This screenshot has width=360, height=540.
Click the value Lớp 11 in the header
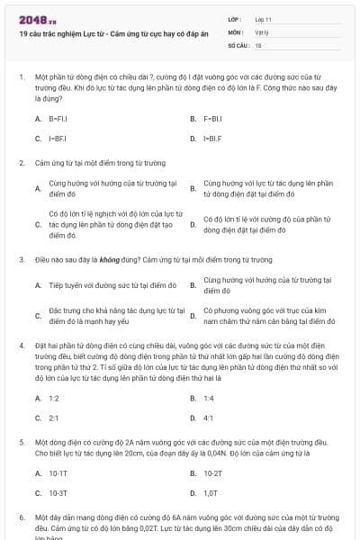(x=264, y=19)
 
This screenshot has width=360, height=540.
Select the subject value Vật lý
(x=262, y=31)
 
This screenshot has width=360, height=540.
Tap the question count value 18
(x=258, y=44)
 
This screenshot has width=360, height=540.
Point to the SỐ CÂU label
(x=238, y=44)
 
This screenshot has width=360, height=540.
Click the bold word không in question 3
(x=109, y=259)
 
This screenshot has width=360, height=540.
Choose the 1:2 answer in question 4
(x=54, y=397)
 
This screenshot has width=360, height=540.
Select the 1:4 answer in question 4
(x=208, y=397)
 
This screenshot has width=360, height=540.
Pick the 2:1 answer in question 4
(x=54, y=418)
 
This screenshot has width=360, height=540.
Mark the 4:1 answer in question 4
(x=208, y=418)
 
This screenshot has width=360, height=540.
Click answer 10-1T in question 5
(x=58, y=472)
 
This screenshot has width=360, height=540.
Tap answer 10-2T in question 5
(x=212, y=472)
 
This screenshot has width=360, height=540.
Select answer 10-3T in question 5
(x=58, y=493)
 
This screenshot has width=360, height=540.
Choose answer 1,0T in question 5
(x=211, y=493)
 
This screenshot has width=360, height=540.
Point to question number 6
(x=22, y=517)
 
